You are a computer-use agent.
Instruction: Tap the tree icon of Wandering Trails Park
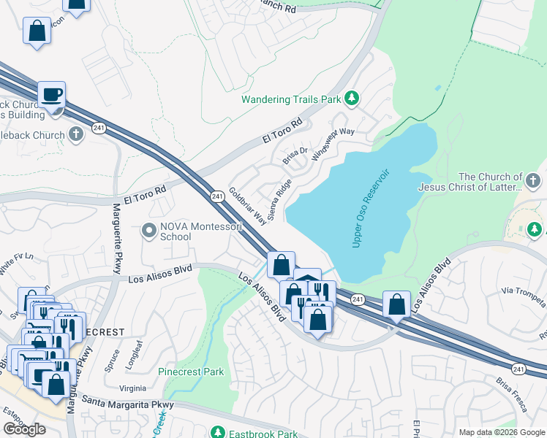[x=352, y=98]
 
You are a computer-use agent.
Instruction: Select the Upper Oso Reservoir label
[x=372, y=209]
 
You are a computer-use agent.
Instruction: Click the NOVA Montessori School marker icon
[x=150, y=231]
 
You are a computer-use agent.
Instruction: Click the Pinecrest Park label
[x=191, y=372]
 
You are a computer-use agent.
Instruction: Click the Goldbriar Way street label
[x=248, y=207]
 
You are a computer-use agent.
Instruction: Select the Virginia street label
[x=132, y=388]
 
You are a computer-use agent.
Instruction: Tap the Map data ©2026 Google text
[x=501, y=432]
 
